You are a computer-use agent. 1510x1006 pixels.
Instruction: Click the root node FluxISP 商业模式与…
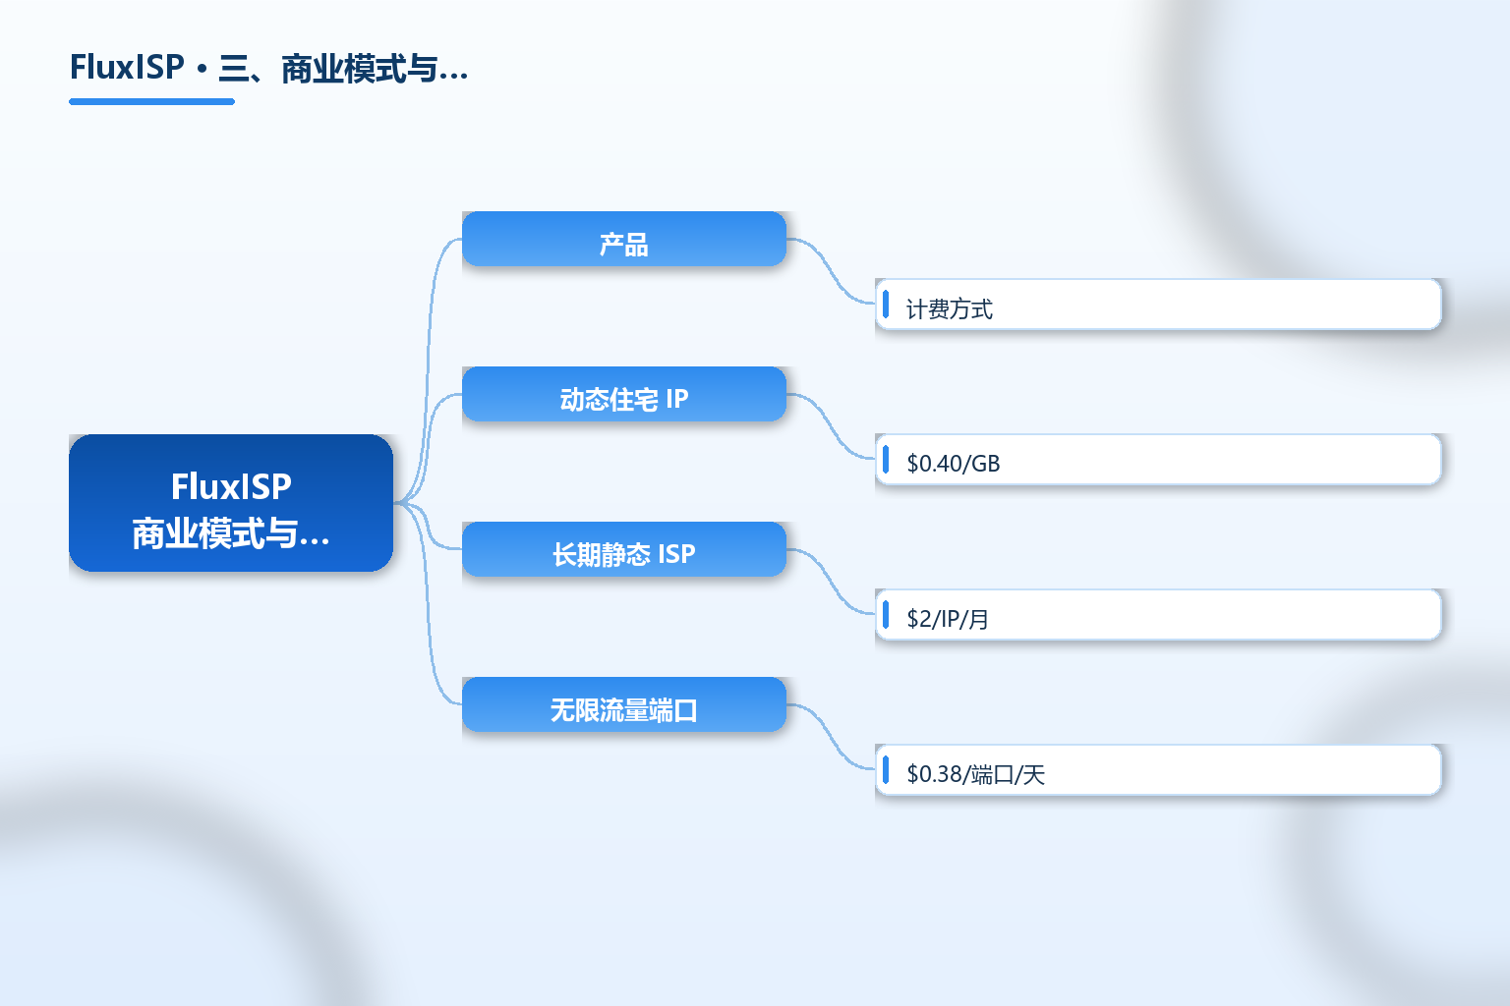[231, 503]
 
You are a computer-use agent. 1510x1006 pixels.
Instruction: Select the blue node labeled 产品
[624, 239]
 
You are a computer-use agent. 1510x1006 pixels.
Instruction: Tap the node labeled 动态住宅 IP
[624, 394]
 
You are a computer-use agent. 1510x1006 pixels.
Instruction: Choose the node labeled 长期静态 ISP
[624, 549]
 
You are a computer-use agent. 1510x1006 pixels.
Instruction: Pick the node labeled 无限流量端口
[624, 704]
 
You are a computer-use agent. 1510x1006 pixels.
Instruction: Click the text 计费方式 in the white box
[949, 309]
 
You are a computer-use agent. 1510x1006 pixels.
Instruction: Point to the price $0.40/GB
[954, 464]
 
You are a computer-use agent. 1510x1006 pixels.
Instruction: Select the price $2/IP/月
[947, 619]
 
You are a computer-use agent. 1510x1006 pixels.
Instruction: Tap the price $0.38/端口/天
[975, 774]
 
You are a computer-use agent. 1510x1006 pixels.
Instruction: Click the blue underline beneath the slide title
[151, 102]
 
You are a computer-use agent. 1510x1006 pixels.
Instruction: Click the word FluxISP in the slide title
[127, 67]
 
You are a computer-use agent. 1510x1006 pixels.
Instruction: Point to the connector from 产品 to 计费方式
[831, 271]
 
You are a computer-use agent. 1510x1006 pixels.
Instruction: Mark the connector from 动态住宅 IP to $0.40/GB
[831, 426]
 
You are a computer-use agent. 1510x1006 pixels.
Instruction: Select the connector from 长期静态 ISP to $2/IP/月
[831, 582]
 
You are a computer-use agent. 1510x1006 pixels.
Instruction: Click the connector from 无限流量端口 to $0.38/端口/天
[831, 737]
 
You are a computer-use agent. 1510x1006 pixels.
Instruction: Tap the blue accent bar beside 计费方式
[886, 304]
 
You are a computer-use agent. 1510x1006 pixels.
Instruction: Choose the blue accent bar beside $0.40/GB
[886, 460]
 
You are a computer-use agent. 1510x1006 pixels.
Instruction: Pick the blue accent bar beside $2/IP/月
[886, 615]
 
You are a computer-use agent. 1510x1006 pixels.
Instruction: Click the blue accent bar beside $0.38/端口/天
[886, 769]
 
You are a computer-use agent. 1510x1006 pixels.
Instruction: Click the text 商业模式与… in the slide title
[375, 69]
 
